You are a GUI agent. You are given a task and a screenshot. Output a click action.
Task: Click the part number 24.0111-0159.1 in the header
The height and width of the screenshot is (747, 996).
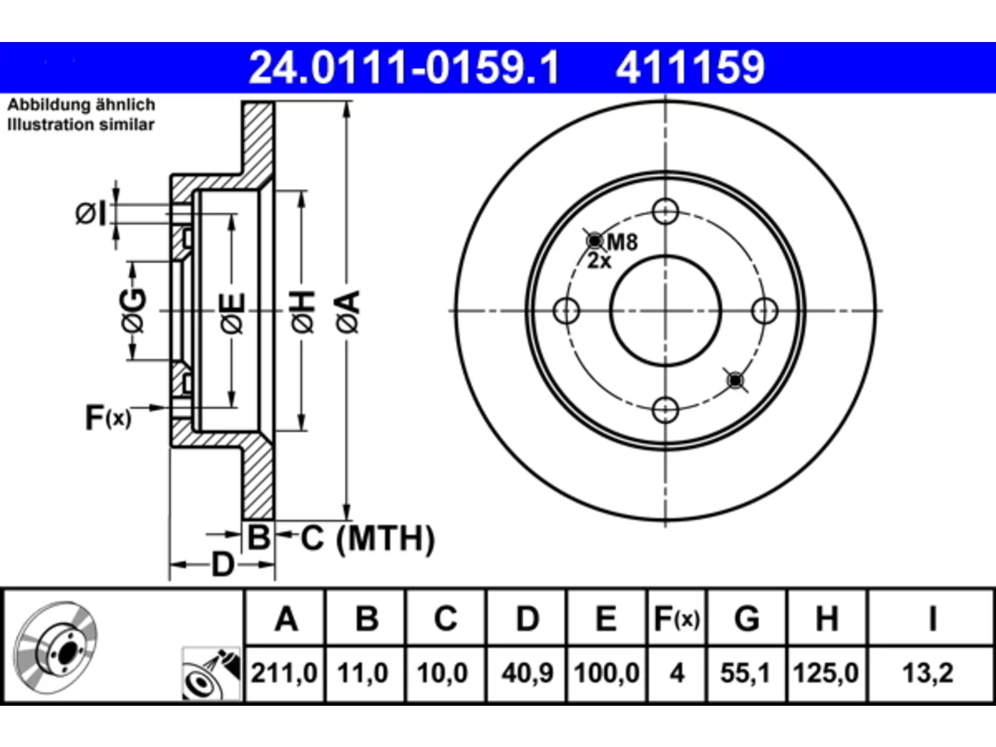[404, 68]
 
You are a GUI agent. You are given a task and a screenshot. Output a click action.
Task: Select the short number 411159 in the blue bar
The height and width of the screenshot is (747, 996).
[690, 68]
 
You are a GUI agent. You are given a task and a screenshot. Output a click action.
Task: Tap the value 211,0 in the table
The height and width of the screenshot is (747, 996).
[284, 673]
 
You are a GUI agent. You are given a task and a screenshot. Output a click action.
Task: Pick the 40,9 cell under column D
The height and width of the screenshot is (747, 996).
[528, 673]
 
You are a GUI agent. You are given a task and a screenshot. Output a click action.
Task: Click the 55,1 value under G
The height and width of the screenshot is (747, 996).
[745, 673]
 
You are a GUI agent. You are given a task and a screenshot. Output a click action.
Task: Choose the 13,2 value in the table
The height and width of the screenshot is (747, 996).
[928, 673]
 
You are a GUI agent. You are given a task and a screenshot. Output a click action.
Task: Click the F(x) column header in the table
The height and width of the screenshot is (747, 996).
[676, 619]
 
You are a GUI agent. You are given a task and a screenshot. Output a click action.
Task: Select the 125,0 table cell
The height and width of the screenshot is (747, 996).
[826, 673]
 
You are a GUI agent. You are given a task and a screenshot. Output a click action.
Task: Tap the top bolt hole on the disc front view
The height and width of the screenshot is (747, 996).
[665, 212]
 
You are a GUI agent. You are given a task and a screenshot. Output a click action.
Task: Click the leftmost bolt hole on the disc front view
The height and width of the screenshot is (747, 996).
[566, 310]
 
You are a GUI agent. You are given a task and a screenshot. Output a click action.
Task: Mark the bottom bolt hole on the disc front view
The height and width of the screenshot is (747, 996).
[665, 410]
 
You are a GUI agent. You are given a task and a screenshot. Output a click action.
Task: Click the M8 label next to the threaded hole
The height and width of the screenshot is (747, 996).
[622, 242]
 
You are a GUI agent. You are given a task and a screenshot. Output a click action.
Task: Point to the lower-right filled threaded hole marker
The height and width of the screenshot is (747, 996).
[735, 380]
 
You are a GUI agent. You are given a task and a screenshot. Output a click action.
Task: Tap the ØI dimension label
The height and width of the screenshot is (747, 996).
[92, 214]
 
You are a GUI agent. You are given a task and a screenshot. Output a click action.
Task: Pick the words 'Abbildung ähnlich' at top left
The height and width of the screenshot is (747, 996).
[81, 105]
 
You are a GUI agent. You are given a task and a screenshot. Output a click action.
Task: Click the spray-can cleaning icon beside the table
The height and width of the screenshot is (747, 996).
[211, 674]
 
